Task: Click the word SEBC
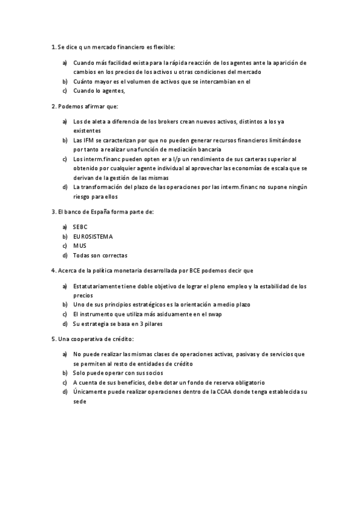coord(80,227)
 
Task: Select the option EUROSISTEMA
coord(93,236)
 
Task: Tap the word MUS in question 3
coord(79,245)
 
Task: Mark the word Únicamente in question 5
coord(89,392)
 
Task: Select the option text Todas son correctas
coord(100,255)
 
